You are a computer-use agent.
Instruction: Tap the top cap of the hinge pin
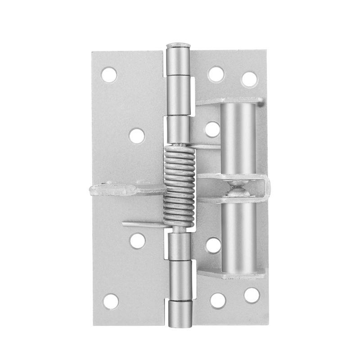pyautogui.click(x=179, y=46)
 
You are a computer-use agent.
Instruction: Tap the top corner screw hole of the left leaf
pyautogui.click(x=109, y=74)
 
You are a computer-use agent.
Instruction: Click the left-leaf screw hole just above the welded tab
pyautogui.click(x=137, y=135)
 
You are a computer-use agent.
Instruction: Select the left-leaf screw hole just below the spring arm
pyautogui.click(x=137, y=240)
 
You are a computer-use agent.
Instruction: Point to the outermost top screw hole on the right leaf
pyautogui.click(x=249, y=79)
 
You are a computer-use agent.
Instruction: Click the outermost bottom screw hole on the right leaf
pyautogui.click(x=252, y=295)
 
